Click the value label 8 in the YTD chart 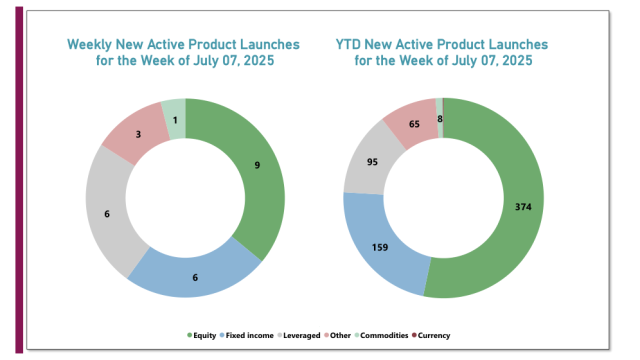point(439,119)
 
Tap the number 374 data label point(523,207)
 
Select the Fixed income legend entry point(249,335)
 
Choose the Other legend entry point(340,335)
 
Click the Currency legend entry point(433,335)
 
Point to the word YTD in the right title point(348,44)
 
